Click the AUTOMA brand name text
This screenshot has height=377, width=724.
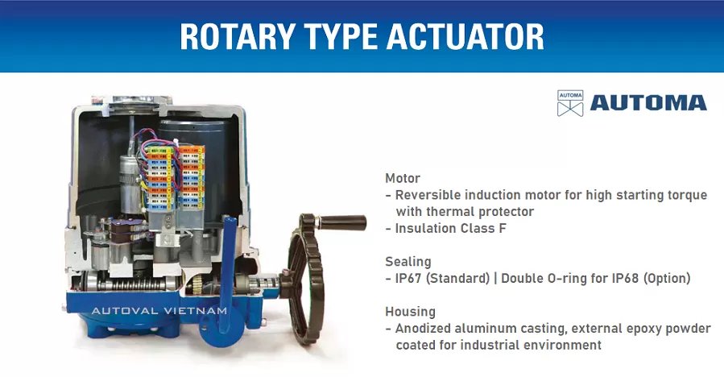(647, 102)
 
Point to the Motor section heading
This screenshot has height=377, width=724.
(403, 178)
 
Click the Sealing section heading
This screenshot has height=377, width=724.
(408, 262)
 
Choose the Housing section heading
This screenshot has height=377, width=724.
(410, 311)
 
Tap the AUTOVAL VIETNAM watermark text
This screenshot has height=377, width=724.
(159, 310)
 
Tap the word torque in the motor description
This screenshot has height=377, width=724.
(687, 195)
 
